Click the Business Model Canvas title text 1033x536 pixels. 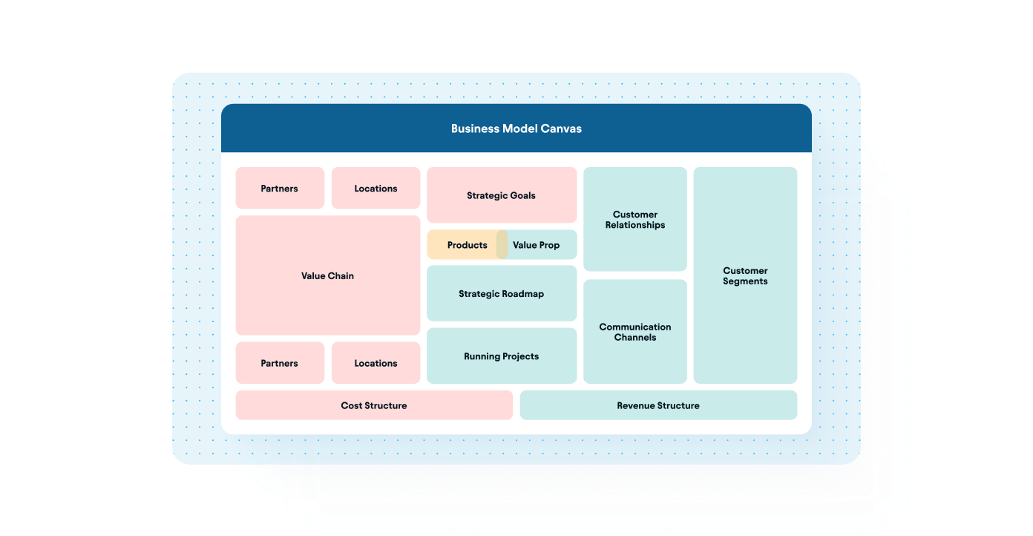tap(516, 128)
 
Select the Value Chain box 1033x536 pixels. tap(327, 275)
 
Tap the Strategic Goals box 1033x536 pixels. tap(501, 195)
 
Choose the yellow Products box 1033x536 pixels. tap(463, 245)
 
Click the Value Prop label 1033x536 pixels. tap(536, 245)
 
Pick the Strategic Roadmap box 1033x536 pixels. tap(501, 294)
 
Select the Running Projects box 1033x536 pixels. tap(501, 356)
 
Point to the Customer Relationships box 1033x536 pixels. tap(634, 220)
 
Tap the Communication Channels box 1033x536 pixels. tap(634, 332)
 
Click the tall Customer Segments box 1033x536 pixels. tap(745, 275)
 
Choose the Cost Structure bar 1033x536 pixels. tap(374, 405)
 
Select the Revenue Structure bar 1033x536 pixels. tap(658, 405)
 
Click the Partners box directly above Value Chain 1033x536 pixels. tap(280, 189)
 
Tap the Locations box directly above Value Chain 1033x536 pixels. tap(376, 189)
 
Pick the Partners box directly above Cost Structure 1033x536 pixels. tap(280, 363)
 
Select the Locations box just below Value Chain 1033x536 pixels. tap(376, 363)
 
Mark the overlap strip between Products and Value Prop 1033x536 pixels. tap(502, 245)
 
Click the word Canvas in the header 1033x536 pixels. tap(562, 128)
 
